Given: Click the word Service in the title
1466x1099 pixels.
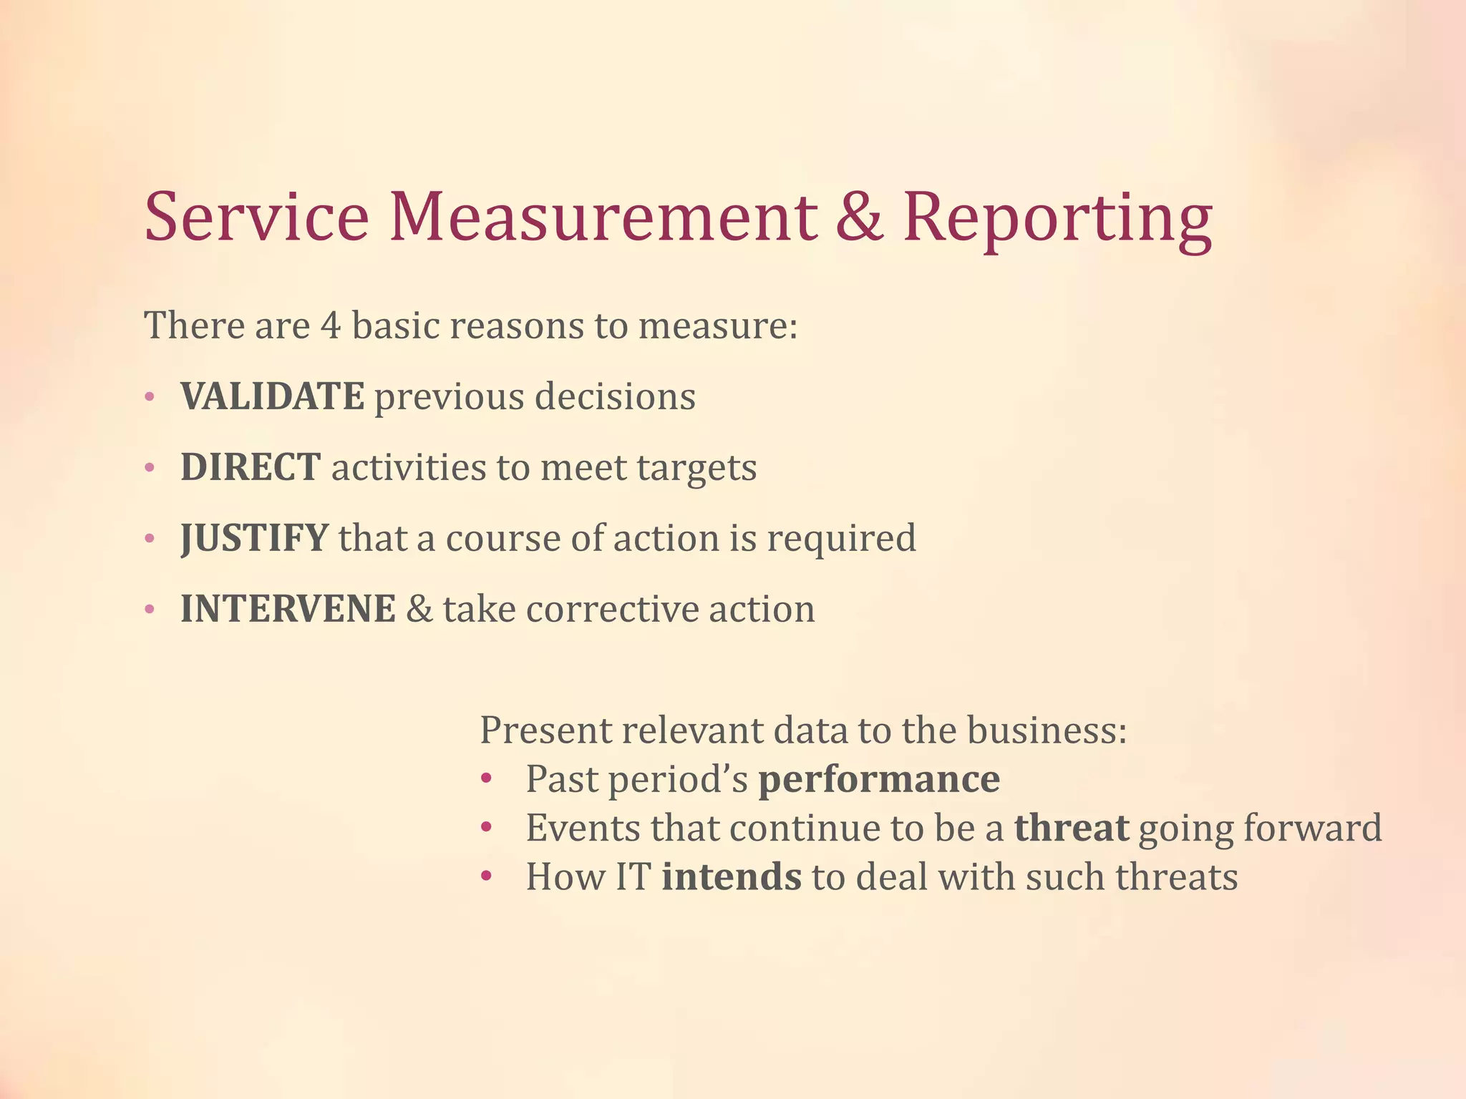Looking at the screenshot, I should click(256, 216).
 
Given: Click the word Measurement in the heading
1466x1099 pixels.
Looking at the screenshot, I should click(603, 216).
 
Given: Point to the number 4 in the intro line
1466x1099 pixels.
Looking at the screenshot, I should click(331, 326).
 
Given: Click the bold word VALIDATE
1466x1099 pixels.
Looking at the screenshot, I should click(272, 396).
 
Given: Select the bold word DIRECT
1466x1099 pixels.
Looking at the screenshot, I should click(250, 467).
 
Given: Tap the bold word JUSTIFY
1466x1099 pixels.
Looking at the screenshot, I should click(254, 538).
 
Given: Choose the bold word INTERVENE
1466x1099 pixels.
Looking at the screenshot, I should click(288, 609).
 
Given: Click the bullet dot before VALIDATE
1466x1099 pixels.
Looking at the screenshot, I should click(150, 397).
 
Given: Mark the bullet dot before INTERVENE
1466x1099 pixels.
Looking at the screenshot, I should click(150, 610).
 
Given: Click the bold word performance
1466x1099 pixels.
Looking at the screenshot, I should click(879, 779).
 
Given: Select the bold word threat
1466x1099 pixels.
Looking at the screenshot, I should click(1072, 828).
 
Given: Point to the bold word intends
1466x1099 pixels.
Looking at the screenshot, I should click(732, 876).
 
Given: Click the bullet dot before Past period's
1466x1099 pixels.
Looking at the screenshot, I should click(487, 779).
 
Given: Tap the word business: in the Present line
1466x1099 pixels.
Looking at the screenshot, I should click(1047, 731).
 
